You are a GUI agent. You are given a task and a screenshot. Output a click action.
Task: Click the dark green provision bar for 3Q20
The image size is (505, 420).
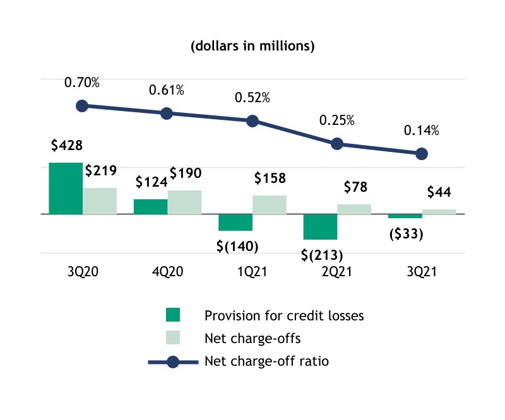[66, 188]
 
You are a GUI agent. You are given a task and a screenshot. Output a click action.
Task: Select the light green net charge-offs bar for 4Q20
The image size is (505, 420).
[184, 202]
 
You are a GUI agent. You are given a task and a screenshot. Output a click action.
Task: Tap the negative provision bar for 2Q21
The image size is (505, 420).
[321, 226]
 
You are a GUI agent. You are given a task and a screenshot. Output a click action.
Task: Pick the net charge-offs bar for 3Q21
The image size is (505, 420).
[439, 211]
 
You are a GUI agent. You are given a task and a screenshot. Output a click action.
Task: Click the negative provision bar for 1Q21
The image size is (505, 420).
[235, 222]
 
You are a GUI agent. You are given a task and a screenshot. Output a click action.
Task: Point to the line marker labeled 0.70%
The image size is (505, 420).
[82, 106]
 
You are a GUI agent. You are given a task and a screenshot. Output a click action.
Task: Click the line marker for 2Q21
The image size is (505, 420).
[337, 144]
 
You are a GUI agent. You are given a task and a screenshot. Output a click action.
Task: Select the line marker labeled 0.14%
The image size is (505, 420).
[422, 154]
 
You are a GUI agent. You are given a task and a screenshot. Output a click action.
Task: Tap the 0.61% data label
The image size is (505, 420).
[167, 90]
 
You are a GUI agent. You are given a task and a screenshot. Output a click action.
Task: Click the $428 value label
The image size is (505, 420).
[66, 146]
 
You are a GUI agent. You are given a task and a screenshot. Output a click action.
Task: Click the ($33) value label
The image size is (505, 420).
[405, 233]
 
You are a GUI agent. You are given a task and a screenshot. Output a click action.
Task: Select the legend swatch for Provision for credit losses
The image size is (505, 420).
[172, 315]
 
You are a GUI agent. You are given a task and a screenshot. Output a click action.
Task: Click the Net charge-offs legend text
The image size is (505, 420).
[252, 339]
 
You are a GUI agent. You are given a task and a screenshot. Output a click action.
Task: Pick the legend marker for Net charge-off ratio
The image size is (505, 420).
[172, 362]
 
